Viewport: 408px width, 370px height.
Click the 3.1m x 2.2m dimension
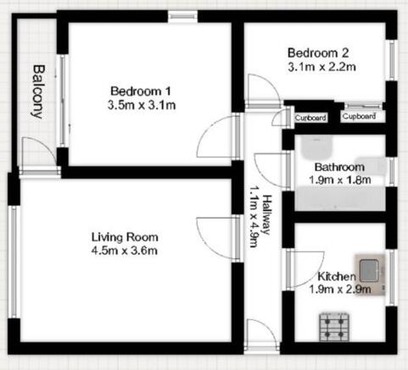click(321, 65)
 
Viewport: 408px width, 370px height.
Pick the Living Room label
click(125, 236)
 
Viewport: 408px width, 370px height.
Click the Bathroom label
click(339, 166)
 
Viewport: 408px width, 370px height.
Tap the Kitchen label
click(337, 277)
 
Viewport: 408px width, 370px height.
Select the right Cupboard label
click(359, 116)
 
